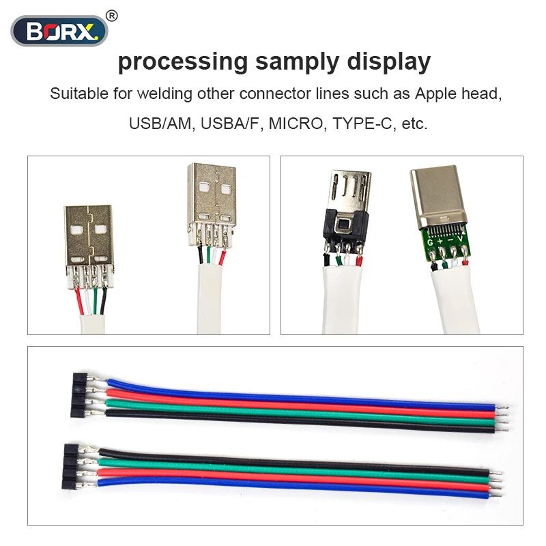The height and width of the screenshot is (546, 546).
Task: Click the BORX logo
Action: (x=59, y=31)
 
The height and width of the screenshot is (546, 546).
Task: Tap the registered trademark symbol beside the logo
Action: (x=113, y=15)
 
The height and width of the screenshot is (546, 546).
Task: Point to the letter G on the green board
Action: (x=431, y=241)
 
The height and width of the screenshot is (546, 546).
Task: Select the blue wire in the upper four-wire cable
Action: (x=273, y=392)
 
